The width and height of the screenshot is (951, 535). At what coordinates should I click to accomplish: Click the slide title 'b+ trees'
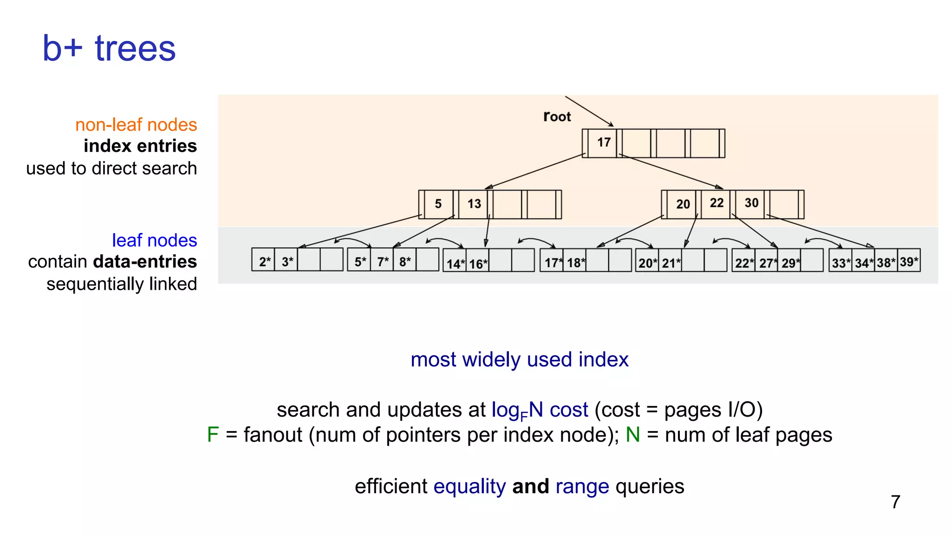pos(109,48)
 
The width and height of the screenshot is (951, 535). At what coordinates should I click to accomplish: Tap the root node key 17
pos(604,143)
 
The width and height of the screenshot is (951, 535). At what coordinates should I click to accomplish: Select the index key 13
pos(474,204)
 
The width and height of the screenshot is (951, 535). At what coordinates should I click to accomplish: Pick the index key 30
pos(751,203)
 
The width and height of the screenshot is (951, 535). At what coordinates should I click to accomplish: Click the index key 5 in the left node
pos(438,204)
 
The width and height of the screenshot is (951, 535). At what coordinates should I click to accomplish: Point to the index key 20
pos(683,204)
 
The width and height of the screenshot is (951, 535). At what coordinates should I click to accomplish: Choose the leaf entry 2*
pos(264,261)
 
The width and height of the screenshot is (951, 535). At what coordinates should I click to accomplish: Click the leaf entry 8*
pos(405,261)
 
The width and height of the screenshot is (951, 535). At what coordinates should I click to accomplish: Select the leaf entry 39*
pos(909,262)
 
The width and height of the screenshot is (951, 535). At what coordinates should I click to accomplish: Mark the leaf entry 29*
pos(790,263)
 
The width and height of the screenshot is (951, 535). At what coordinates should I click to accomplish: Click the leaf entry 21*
pos(671,263)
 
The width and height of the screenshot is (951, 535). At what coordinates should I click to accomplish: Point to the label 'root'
pos(557,117)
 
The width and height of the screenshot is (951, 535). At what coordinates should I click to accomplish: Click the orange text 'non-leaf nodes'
pos(136,125)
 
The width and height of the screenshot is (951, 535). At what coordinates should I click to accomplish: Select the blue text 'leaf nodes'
pos(154,240)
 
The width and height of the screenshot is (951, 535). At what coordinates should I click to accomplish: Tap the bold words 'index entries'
pos(140,146)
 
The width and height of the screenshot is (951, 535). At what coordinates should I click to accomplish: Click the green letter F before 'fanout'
pos(213,435)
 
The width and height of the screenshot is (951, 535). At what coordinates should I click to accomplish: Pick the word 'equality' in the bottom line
pos(469,486)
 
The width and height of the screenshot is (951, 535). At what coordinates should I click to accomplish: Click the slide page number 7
pos(895,502)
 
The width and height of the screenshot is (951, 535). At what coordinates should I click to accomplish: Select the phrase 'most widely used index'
pos(519,360)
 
